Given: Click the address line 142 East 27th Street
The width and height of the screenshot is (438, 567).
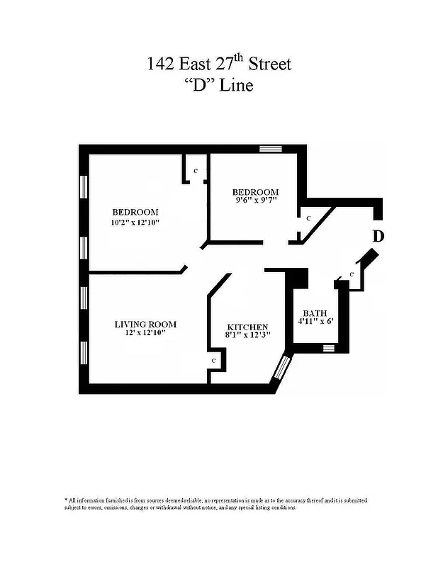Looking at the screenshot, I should [x=219, y=64].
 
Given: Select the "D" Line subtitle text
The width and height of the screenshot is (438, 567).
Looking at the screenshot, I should [x=219, y=86].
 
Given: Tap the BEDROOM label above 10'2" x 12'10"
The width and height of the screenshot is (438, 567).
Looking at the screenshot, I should [x=135, y=212].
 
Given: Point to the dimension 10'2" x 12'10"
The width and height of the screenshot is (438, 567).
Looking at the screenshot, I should [x=135, y=223].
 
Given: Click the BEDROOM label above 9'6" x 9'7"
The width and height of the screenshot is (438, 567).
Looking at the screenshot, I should [x=255, y=192].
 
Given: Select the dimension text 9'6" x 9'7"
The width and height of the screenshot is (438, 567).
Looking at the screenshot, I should [x=255, y=201].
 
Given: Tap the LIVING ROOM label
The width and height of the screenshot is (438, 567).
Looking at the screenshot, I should [x=145, y=325].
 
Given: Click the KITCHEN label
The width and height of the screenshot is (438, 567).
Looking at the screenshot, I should [x=247, y=326].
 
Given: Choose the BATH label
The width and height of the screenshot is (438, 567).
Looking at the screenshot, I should [x=315, y=313].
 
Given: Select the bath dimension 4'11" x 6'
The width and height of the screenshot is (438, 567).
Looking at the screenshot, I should [x=315, y=322].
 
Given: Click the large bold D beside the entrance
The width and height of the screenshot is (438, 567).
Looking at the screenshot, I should [x=378, y=236].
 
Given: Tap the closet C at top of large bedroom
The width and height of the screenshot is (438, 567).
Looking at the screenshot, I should [x=196, y=172].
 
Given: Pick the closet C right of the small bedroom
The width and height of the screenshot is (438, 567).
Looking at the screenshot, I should [x=308, y=219].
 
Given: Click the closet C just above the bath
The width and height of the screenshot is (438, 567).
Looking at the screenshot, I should [x=352, y=274].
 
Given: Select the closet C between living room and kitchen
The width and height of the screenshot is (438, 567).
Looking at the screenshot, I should [x=213, y=360].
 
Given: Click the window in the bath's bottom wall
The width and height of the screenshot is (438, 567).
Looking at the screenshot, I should [x=327, y=347].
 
